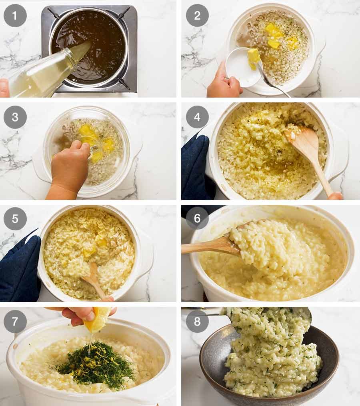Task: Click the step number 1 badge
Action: (15, 16)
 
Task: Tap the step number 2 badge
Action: (197, 16)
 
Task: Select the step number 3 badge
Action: (15, 117)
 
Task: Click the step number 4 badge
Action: (197, 117)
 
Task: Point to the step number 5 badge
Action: (15, 218)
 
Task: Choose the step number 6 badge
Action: (197, 218)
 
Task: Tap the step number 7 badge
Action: (15, 322)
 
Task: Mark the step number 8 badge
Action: (197, 322)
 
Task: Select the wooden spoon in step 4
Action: (310, 152)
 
